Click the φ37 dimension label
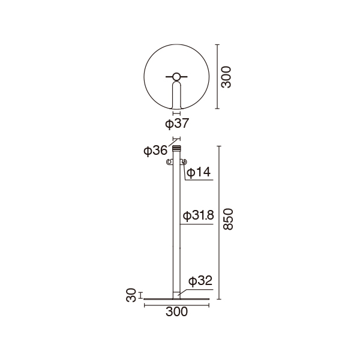point(177,124)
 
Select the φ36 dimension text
point(155,151)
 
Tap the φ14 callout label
point(199,172)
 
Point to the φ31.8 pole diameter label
point(199,216)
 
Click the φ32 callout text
point(200,281)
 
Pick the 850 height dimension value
point(228,219)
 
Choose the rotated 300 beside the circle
point(226,77)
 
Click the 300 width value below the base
point(176,312)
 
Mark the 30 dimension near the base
point(131,295)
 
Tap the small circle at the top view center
point(176,77)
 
